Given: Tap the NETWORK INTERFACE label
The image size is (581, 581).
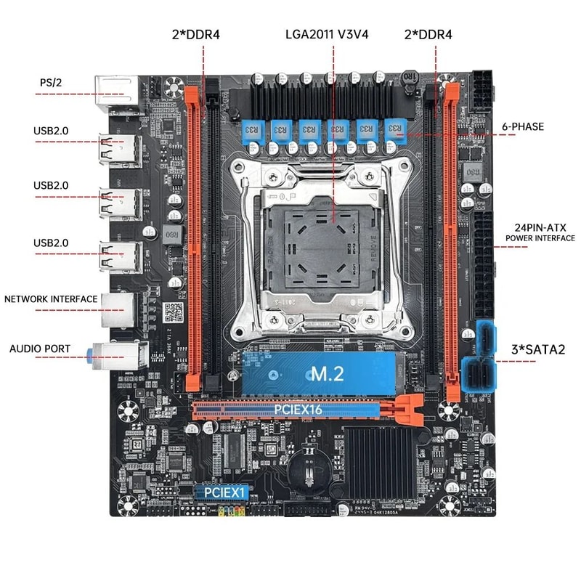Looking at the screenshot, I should tap(51, 298).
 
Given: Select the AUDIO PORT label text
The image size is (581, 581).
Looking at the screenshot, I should tap(40, 349).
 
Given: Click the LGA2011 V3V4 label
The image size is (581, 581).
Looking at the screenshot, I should tap(332, 34).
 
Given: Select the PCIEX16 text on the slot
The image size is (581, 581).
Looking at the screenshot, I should tap(298, 410).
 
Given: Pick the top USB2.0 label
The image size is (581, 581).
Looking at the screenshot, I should tap(51, 131).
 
